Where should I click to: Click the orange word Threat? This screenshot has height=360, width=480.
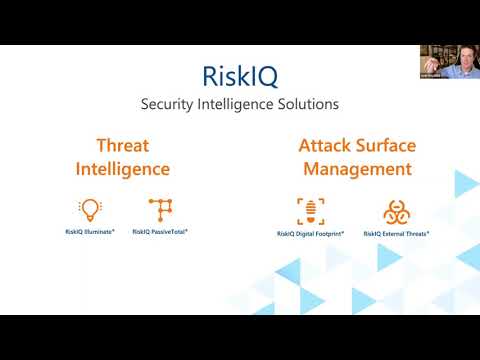pyautogui.click(x=122, y=145)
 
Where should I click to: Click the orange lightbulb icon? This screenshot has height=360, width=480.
pyautogui.click(x=90, y=209)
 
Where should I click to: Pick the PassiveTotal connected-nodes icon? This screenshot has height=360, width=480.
pyautogui.click(x=160, y=209)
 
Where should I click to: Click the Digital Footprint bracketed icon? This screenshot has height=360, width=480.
pyautogui.click(x=310, y=210)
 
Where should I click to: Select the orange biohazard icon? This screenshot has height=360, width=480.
pyautogui.click(x=396, y=211)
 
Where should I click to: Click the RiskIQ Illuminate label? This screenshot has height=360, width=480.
pyautogui.click(x=90, y=231)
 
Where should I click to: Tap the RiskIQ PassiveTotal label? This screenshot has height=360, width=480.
pyautogui.click(x=160, y=231)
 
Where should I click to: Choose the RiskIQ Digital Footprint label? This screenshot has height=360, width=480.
pyautogui.click(x=311, y=233)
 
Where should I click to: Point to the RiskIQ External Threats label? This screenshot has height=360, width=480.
pyautogui.click(x=396, y=233)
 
